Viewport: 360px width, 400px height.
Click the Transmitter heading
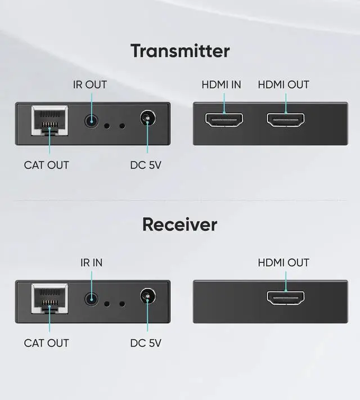180,51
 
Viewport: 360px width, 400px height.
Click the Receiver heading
179,224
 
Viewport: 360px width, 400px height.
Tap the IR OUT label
90,85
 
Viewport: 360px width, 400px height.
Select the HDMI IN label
221,85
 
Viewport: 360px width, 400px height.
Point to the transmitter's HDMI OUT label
283,85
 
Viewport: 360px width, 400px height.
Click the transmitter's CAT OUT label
46,165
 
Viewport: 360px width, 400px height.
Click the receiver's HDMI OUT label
283,263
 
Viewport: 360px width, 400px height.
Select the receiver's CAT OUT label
46,343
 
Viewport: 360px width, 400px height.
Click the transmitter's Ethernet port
49,120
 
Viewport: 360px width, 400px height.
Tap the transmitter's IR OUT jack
91,120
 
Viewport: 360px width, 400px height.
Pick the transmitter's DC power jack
147,120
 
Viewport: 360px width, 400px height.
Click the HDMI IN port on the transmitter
224,120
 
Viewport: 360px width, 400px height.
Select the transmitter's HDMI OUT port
285,120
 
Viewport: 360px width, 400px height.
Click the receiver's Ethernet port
49,298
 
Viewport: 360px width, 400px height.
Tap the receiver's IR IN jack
91,298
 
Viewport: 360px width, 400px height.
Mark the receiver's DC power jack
147,298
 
